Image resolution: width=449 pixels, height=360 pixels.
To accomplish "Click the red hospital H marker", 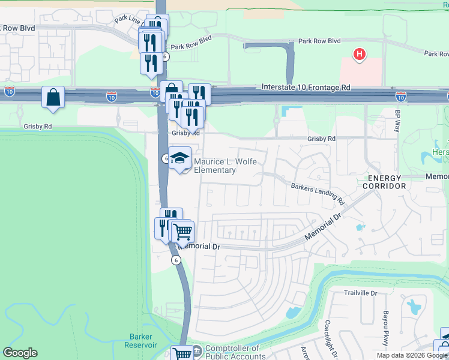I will (x=359, y=55).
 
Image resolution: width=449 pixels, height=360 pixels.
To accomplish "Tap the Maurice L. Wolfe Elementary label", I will (x=214, y=166).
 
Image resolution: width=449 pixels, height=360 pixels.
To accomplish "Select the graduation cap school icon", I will (x=179, y=158).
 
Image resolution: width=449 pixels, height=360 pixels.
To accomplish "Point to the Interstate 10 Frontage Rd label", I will (x=306, y=88).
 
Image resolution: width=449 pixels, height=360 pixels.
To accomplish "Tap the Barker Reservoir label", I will (x=140, y=340).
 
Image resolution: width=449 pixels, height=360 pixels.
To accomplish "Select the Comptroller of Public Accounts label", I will (x=232, y=352).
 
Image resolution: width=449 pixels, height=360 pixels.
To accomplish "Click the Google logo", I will (x=20, y=353).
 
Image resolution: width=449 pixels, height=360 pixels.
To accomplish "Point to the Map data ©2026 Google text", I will (x=411, y=355).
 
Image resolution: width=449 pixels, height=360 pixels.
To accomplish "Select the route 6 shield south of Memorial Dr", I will (x=175, y=260).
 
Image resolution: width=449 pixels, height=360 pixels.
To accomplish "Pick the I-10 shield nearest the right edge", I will (x=400, y=96).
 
